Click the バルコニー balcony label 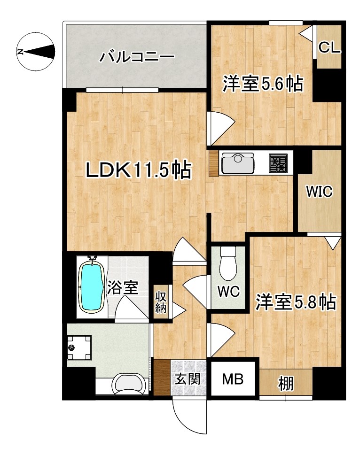point(137,58)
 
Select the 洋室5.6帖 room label point(262,85)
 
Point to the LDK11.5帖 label point(138,170)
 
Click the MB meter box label point(233,379)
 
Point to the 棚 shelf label point(285,383)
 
